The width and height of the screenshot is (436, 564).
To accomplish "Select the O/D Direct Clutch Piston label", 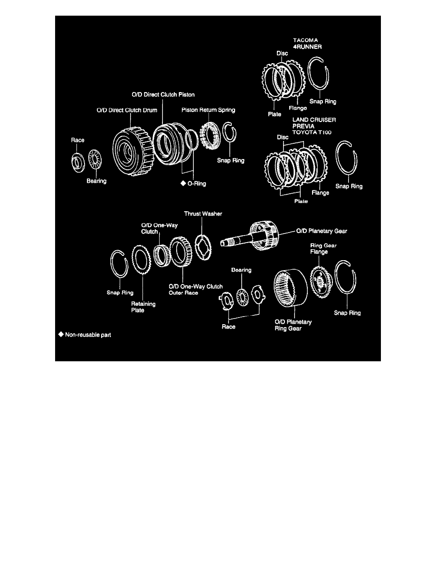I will point(163,94).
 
